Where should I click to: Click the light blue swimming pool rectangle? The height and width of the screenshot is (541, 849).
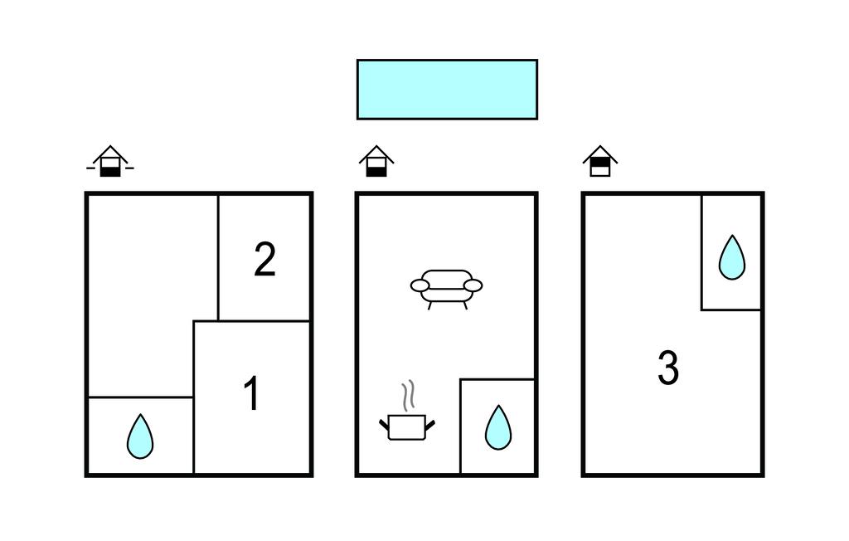tap(447, 90)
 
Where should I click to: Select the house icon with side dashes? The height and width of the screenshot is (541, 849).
tap(110, 161)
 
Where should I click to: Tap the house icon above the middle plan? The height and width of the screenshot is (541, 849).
tap(376, 161)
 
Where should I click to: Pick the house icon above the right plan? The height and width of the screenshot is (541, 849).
tap(600, 161)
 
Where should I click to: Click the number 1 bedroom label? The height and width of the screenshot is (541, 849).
tap(252, 394)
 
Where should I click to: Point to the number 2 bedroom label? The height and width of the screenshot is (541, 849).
tap(264, 260)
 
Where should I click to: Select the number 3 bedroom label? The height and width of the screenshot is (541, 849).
tap(668, 368)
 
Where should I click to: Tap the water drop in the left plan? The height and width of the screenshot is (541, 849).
tap(140, 436)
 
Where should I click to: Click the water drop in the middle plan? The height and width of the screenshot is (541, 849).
tap(498, 427)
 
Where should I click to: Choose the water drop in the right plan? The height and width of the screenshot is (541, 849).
tap(732, 257)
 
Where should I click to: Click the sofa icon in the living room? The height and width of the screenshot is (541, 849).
tap(446, 289)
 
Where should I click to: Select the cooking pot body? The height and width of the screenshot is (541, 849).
tap(407, 427)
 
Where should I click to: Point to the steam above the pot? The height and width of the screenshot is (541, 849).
tap(409, 395)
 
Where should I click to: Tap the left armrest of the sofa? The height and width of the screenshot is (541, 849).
tap(420, 285)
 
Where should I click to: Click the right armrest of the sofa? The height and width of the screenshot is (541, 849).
tap(473, 285)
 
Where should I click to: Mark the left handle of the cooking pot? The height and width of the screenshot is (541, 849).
tap(384, 425)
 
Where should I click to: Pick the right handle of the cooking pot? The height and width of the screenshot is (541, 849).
tap(430, 425)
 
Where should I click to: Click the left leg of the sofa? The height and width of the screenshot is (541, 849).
tap(430, 305)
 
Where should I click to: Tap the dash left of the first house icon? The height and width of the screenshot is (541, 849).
tap(90, 168)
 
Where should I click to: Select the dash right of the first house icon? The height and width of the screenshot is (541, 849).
tap(130, 168)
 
